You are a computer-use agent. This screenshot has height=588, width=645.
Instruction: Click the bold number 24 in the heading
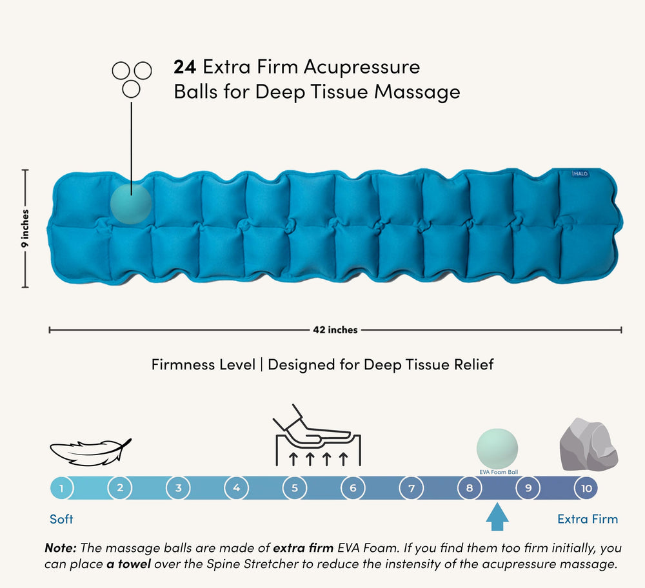tap(184, 66)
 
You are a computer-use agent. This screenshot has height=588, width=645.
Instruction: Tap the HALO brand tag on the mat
tap(580, 173)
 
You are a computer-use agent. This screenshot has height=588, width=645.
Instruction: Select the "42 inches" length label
tap(335, 329)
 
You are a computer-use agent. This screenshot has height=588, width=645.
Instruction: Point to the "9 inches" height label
tap(25, 228)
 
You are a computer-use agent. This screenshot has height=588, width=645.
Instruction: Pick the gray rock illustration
tap(589, 444)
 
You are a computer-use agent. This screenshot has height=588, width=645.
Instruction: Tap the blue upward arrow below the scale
tap(497, 517)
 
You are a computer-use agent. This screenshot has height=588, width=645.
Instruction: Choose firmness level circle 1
tap(61, 488)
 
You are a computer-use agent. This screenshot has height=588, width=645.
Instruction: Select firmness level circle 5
tap(295, 488)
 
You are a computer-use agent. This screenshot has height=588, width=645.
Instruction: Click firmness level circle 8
tap(470, 488)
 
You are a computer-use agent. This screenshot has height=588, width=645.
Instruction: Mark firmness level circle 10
tap(586, 488)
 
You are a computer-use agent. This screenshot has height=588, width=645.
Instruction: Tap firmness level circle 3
tap(178, 488)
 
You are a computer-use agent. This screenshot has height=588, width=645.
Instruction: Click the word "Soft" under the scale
tap(61, 519)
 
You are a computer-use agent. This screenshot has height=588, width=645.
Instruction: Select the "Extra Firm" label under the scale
tap(588, 519)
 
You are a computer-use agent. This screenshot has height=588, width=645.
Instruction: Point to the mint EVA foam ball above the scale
tap(497, 449)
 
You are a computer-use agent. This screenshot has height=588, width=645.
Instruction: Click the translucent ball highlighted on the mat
tap(131, 204)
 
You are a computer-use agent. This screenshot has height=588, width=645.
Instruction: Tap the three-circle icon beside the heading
tap(132, 79)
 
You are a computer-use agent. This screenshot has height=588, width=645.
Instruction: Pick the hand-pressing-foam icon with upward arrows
tap(317, 435)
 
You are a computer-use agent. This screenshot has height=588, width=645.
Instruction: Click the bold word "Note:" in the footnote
tap(61, 547)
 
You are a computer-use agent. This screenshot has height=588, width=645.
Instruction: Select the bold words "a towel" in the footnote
tap(128, 563)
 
